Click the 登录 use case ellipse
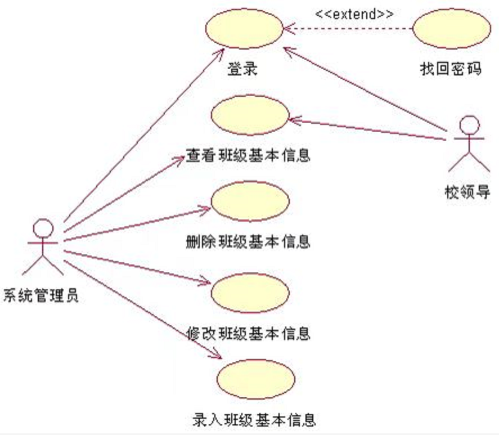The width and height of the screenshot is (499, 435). [x=243, y=30]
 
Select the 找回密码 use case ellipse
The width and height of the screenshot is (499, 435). [x=451, y=29]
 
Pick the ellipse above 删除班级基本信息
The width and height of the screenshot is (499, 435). [x=249, y=201]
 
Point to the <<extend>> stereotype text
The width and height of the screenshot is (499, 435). [x=354, y=14]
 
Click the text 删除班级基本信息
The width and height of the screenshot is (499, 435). [x=248, y=242]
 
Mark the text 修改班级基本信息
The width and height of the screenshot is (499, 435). [x=248, y=333]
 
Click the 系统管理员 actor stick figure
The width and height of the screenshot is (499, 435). [x=43, y=248]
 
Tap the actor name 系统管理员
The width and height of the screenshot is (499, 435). [x=41, y=295]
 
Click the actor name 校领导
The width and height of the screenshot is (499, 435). [x=467, y=193]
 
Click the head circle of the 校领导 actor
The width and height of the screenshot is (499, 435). [x=469, y=124]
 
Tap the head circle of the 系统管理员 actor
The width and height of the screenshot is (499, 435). [x=43, y=227]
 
